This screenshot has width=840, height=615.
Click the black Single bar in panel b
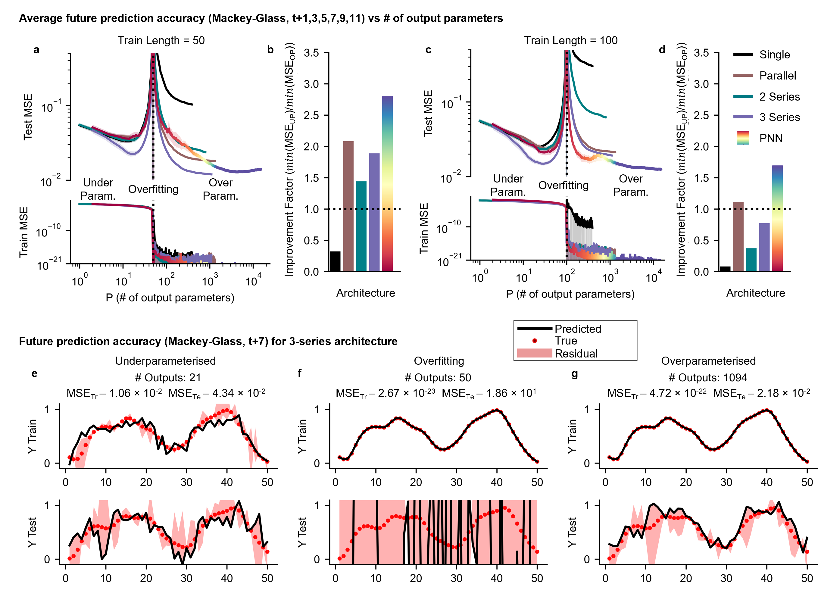click(x=335, y=261)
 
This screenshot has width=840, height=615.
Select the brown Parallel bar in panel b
click(x=348, y=206)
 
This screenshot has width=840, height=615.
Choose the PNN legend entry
click(x=770, y=138)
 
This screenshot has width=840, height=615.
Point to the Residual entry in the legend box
click(x=576, y=353)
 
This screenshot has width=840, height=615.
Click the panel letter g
click(x=574, y=374)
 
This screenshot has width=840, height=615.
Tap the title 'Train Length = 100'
click(x=570, y=40)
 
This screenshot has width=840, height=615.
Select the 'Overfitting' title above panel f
click(x=439, y=361)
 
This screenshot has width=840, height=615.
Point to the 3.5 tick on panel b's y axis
click(x=311, y=53)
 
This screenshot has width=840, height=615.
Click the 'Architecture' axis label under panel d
click(x=755, y=293)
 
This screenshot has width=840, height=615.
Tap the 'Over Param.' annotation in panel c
click(x=630, y=186)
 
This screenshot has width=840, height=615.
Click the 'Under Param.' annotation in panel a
click(x=98, y=189)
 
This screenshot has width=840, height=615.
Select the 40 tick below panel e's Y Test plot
click(x=227, y=578)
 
